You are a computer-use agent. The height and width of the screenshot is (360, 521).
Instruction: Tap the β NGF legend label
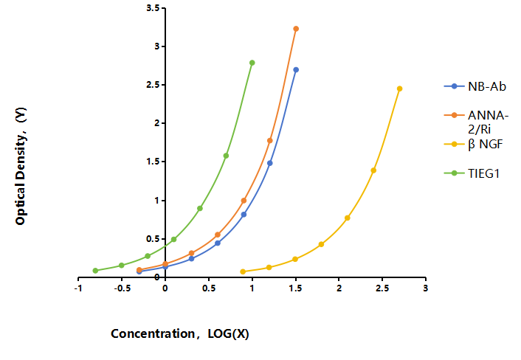[x=485, y=145]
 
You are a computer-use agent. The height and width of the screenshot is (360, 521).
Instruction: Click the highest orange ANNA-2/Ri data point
[x=296, y=29]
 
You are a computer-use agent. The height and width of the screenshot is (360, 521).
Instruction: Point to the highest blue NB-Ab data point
[x=296, y=70]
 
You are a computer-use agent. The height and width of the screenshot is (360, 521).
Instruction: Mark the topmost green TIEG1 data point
[x=252, y=63]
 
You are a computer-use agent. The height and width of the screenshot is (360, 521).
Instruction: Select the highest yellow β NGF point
[x=400, y=89]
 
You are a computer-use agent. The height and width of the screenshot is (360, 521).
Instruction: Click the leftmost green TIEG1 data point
[x=95, y=271]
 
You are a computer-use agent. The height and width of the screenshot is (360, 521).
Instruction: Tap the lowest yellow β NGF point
[x=243, y=271]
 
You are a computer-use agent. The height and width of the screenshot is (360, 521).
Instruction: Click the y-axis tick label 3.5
[x=153, y=8]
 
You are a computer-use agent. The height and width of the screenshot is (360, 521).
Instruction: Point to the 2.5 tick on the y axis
[x=153, y=85]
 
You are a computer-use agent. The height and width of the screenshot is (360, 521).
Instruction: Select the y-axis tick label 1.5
[x=153, y=162]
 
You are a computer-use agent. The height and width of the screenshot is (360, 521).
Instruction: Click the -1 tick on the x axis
[x=78, y=288]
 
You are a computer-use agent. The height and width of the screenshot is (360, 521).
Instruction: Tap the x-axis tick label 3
[x=426, y=288]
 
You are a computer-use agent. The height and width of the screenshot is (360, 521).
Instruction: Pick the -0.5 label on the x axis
[x=122, y=288]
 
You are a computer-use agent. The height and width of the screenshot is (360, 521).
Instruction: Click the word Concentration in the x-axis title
[x=153, y=333]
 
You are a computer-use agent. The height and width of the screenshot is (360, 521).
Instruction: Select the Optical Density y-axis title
[x=21, y=166]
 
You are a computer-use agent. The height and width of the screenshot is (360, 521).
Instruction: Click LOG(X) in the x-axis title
[x=228, y=333]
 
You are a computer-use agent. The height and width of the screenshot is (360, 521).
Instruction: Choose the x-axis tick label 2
[x=339, y=288]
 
